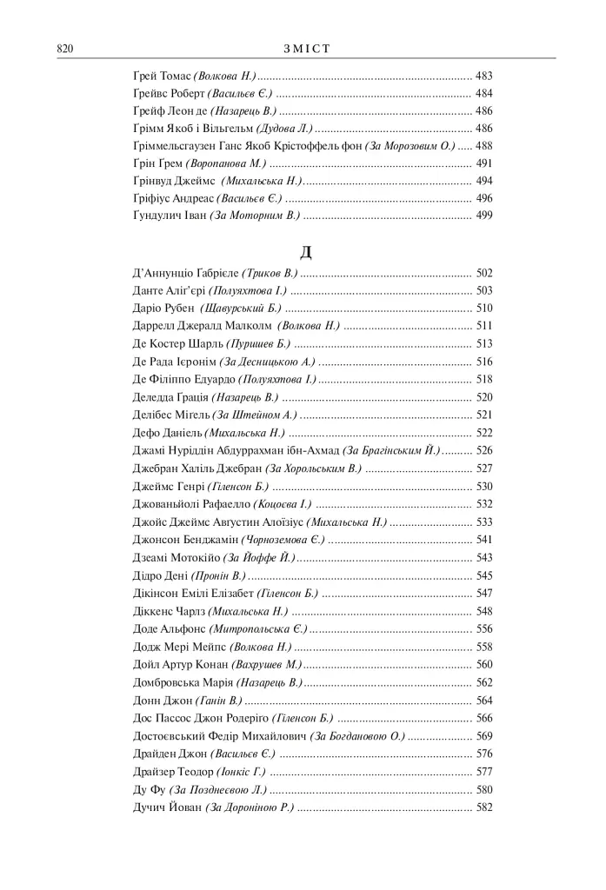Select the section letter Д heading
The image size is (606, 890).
(305, 253)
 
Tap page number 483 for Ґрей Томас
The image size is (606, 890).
(484, 76)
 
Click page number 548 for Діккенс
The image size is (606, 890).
(484, 611)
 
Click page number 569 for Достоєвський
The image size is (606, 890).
(484, 735)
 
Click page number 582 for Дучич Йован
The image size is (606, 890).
(484, 807)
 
